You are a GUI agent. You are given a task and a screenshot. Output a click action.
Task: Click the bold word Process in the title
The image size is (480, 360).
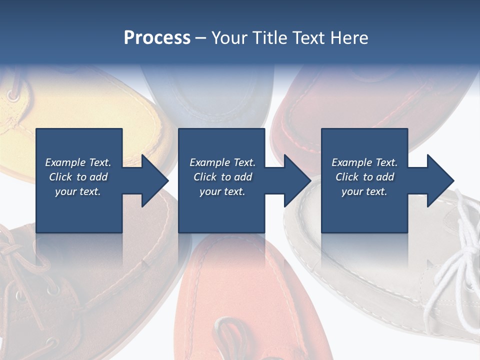coord(157,38)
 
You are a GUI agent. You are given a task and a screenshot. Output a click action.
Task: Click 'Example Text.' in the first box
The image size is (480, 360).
coord(78,162)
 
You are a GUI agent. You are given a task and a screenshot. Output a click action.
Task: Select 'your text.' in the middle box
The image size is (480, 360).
coord(222,192)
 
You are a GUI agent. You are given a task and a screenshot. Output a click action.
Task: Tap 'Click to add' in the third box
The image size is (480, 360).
coord(364,177)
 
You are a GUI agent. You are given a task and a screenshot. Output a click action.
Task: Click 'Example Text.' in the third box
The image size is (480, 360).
coord(364,162)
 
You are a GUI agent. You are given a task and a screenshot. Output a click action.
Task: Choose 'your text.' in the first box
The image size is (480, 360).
coord(78,192)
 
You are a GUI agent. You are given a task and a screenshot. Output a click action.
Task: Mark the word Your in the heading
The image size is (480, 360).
coord(230,38)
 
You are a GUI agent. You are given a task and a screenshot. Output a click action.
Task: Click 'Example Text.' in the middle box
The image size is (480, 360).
coord(222,162)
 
